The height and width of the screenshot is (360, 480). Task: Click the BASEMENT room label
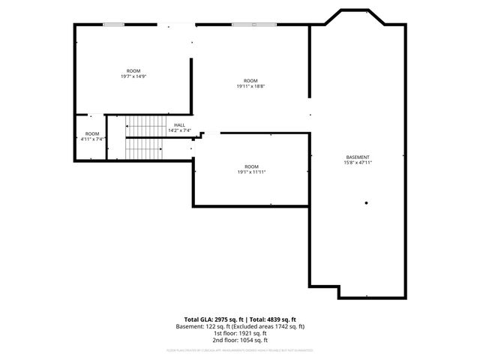click(x=357, y=157)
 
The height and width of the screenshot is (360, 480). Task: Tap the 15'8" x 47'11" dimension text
click(x=358, y=163)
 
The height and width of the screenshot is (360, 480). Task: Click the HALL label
click(x=179, y=125)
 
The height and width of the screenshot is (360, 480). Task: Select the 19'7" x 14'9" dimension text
click(x=133, y=76)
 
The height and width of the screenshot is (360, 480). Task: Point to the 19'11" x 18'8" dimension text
click(x=250, y=86)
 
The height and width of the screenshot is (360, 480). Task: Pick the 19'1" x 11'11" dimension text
click(x=251, y=172)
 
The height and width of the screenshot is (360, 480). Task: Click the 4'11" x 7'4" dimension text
click(x=92, y=139)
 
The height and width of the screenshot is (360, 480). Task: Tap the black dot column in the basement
click(x=367, y=202)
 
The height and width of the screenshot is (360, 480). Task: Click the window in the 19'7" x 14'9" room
click(x=113, y=25)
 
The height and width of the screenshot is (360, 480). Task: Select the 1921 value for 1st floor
click(x=236, y=333)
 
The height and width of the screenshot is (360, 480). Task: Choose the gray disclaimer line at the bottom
click(x=240, y=350)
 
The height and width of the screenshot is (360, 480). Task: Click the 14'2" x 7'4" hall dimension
click(x=179, y=130)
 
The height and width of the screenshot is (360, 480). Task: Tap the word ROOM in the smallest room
click(x=92, y=133)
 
